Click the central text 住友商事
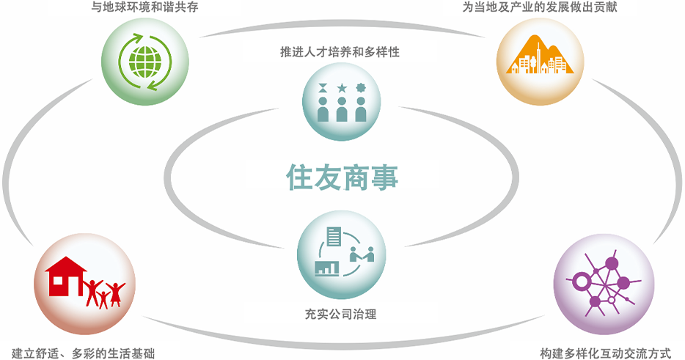click(x=342, y=178)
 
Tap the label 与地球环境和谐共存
click(x=145, y=7)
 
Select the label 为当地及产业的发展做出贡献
click(x=540, y=7)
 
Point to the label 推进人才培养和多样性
click(x=340, y=52)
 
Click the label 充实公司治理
click(x=340, y=314)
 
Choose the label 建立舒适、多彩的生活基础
click(x=83, y=353)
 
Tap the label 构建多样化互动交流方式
click(x=606, y=353)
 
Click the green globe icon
click(x=145, y=62)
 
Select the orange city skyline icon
click(x=540, y=56)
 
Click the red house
click(x=66, y=276)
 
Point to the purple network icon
click(x=604, y=283)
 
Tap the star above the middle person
click(x=342, y=89)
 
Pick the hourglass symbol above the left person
click(x=323, y=88)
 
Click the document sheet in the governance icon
click(x=334, y=236)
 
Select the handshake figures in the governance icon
click(x=362, y=254)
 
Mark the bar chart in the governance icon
click(x=327, y=268)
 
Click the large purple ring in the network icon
click(x=582, y=282)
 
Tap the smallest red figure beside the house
click(x=103, y=299)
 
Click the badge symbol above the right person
click(x=360, y=88)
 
